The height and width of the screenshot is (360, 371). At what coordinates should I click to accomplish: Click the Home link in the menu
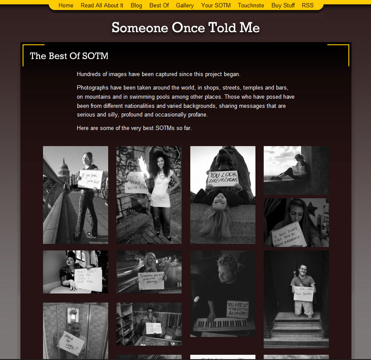click(66, 5)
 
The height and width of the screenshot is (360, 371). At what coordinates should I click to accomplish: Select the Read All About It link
click(102, 5)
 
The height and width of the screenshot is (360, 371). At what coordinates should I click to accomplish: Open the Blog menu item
click(136, 5)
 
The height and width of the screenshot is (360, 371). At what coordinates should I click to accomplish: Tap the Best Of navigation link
click(159, 5)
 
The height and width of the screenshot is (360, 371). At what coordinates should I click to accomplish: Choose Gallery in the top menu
click(185, 5)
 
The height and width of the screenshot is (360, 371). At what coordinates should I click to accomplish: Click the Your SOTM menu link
click(216, 5)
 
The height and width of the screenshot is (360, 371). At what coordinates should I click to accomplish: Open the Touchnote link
click(251, 5)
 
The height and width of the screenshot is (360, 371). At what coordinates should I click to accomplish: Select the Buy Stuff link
click(283, 5)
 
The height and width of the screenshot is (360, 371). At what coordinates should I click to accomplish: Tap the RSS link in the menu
click(308, 5)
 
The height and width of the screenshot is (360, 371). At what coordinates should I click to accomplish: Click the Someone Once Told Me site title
click(185, 28)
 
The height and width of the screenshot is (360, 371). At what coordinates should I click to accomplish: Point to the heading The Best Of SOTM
click(69, 56)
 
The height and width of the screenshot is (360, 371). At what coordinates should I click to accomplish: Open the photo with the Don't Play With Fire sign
click(149, 195)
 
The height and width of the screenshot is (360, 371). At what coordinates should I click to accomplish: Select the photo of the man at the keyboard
click(222, 293)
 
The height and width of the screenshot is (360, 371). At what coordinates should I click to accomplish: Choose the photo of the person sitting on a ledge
click(296, 170)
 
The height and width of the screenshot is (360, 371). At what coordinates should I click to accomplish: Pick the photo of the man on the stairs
click(296, 299)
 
